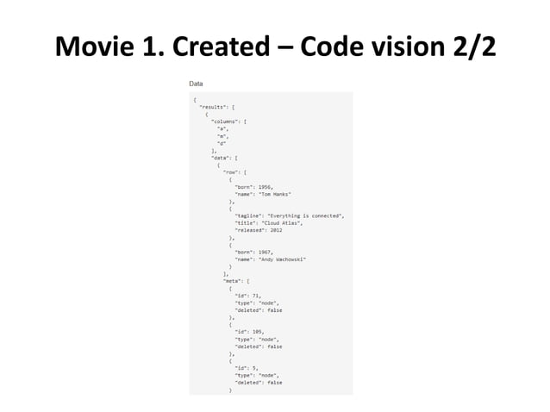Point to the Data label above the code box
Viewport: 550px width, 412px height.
pos(197,84)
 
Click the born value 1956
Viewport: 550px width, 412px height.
pos(266,186)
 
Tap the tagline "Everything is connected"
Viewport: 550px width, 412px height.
pos(307,215)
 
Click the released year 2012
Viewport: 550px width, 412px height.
pos(276,230)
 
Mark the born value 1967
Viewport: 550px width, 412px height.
pos(266,252)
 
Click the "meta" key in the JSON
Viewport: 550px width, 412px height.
pos(232,281)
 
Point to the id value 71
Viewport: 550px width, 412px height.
pos(256,296)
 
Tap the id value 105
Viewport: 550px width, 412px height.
pos(258,332)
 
